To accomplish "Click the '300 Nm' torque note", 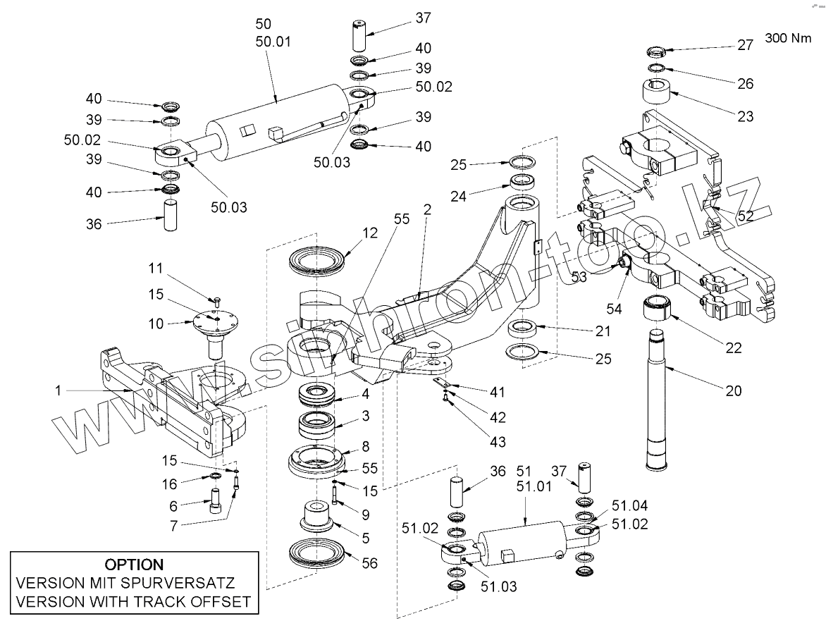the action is [788, 38].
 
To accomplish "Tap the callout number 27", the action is [746, 45].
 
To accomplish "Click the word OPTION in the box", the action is [135, 565].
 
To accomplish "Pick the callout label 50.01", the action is [273, 42].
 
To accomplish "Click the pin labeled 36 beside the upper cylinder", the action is [170, 214].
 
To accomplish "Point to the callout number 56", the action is [370, 563].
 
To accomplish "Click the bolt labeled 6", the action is [216, 500].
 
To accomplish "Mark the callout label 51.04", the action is [629, 506].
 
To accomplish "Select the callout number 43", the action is [498, 441].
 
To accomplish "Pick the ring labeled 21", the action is [523, 328].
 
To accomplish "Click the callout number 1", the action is [58, 390].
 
